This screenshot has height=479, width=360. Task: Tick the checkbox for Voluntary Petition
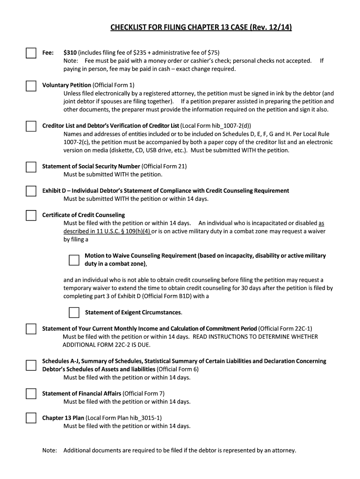(x=31, y=86)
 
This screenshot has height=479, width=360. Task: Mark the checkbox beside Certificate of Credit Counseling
(x=31, y=215)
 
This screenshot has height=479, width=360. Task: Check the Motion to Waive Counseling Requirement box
(x=74, y=260)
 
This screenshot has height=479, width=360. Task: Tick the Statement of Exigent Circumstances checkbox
(x=74, y=312)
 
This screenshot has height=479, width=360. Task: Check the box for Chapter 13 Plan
(x=31, y=418)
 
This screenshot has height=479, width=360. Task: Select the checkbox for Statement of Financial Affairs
(x=31, y=393)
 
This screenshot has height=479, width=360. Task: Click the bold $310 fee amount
(x=70, y=52)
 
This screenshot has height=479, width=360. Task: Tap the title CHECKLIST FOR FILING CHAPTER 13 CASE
(x=201, y=28)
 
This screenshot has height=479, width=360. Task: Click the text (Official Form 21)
(x=164, y=166)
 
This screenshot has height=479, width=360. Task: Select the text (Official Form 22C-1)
(x=285, y=328)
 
